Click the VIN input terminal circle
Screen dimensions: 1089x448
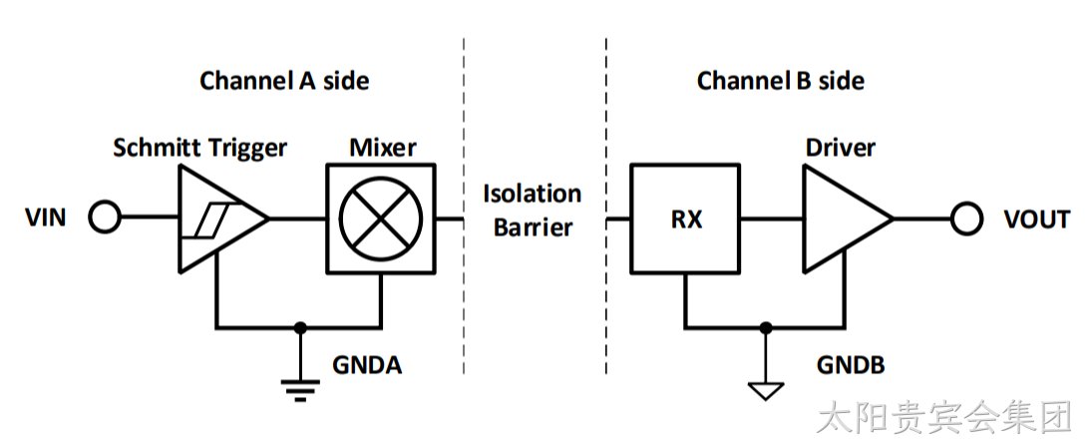click(105, 218)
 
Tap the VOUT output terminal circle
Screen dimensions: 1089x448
click(966, 219)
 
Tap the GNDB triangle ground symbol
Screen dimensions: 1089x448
click(765, 391)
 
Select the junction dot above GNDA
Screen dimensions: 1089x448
click(300, 326)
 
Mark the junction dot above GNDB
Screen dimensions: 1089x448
click(765, 326)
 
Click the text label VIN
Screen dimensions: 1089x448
click(46, 219)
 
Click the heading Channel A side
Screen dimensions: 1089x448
click(285, 81)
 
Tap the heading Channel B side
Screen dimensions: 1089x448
click(781, 81)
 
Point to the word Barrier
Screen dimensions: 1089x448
click(533, 227)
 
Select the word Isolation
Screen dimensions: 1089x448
click(533, 194)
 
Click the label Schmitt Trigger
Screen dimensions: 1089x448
click(200, 148)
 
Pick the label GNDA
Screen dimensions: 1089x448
click(367, 364)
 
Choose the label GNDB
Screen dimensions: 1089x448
click(851, 364)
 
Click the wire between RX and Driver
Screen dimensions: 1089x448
click(772, 219)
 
